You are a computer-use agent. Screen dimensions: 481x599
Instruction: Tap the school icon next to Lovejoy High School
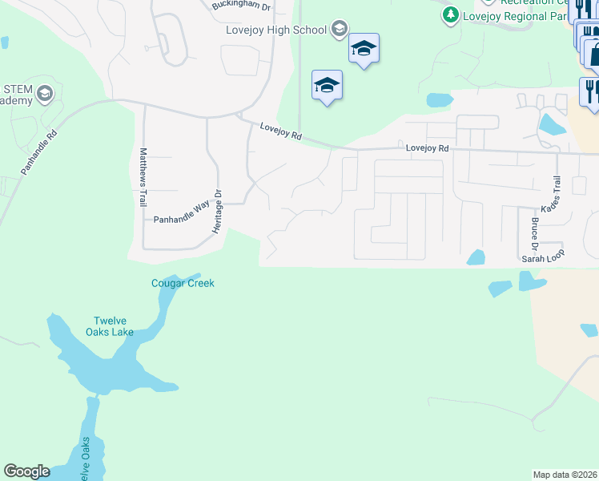[x=340, y=30]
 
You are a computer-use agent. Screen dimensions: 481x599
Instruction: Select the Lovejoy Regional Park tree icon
[x=451, y=14]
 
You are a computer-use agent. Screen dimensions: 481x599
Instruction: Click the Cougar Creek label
[x=183, y=283]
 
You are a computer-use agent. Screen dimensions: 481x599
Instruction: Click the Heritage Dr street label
[x=216, y=212]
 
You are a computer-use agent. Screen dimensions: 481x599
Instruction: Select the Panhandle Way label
[x=180, y=218]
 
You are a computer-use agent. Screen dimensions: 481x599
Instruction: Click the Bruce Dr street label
[x=534, y=227]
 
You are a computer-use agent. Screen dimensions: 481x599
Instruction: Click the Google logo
[x=26, y=471]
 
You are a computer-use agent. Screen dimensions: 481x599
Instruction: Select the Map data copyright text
[x=565, y=474]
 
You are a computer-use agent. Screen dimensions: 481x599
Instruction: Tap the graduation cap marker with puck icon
[x=364, y=49]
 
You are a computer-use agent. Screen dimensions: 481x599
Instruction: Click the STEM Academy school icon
[x=44, y=93]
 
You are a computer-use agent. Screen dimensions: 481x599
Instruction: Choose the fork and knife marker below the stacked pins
[x=591, y=90]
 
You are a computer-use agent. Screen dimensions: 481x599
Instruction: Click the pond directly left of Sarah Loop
[x=476, y=257]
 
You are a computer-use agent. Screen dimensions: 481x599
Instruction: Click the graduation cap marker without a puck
[x=327, y=84]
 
